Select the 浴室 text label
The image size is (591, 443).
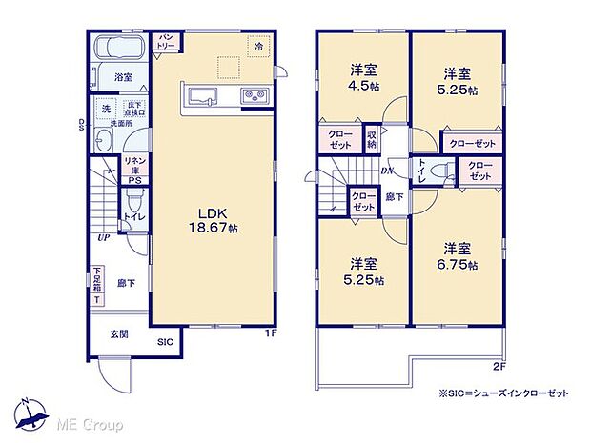pyautogui.click(x=123, y=77)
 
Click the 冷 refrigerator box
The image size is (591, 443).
pyautogui.click(x=257, y=44)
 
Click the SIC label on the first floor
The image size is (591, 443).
pyautogui.click(x=165, y=339)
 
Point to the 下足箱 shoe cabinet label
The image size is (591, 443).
pyautogui.click(x=97, y=284)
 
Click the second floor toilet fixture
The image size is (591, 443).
pyautogui.click(x=438, y=171)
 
